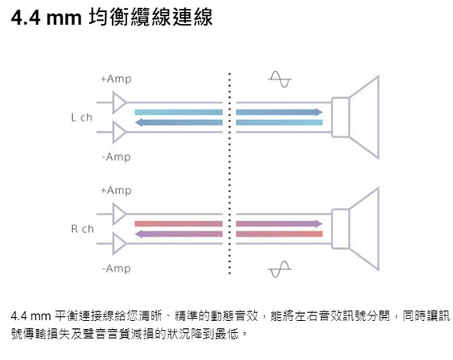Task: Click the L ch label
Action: [x=82, y=118]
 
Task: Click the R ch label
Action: [x=83, y=229]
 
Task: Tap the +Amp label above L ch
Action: [x=116, y=79]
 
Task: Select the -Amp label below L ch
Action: [x=116, y=157]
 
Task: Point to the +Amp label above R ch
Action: [x=116, y=191]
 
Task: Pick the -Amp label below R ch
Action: [x=116, y=269]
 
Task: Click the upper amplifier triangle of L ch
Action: [x=118, y=103]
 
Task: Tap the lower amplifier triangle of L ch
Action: [x=118, y=133]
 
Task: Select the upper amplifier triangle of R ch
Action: [x=118, y=214]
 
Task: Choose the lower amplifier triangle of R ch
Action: [x=118, y=244]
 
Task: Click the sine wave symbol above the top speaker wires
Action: [x=280, y=79]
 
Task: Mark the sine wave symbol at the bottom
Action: [x=280, y=269]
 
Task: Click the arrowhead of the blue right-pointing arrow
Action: [x=319, y=112]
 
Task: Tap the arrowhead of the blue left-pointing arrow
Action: [x=138, y=122]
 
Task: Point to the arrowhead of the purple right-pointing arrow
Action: [x=319, y=223]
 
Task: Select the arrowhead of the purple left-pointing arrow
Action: [x=138, y=234]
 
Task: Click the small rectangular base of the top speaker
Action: [x=341, y=118]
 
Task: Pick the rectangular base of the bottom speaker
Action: [x=341, y=229]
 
